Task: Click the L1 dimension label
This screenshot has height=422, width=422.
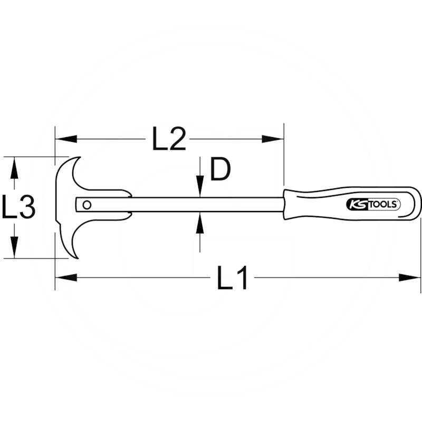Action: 232,277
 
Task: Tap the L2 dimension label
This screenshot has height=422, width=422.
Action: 169,138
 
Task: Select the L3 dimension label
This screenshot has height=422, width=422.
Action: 18,206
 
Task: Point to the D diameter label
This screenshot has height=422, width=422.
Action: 220,169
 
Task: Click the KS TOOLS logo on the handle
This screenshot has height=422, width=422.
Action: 373,204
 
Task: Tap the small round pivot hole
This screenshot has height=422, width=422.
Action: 87,205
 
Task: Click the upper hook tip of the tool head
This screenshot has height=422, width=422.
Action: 80,157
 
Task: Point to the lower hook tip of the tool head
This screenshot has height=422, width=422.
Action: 78,258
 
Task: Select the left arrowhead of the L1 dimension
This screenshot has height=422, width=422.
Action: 66,277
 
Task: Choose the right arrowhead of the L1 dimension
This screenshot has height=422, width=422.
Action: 409,277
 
